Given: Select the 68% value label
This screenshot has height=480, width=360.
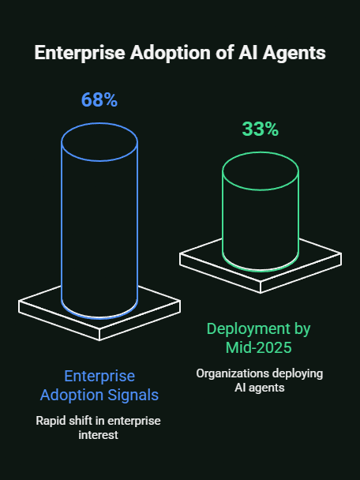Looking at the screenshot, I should click(99, 100).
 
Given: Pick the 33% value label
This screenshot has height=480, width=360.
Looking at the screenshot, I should click(260, 129).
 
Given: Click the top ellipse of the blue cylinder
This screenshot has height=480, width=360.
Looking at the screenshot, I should click(99, 141).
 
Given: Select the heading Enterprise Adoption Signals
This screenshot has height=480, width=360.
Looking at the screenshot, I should click(99, 385).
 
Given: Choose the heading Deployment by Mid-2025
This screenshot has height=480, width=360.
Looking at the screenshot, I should click(260, 337).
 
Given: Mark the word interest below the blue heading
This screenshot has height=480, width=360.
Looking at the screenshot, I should click(99, 435).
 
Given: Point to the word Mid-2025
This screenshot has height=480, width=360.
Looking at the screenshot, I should click(260, 347).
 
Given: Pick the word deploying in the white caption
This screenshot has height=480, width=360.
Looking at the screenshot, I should click(295, 373).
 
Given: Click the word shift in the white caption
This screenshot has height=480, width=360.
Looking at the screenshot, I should click(84, 420).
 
